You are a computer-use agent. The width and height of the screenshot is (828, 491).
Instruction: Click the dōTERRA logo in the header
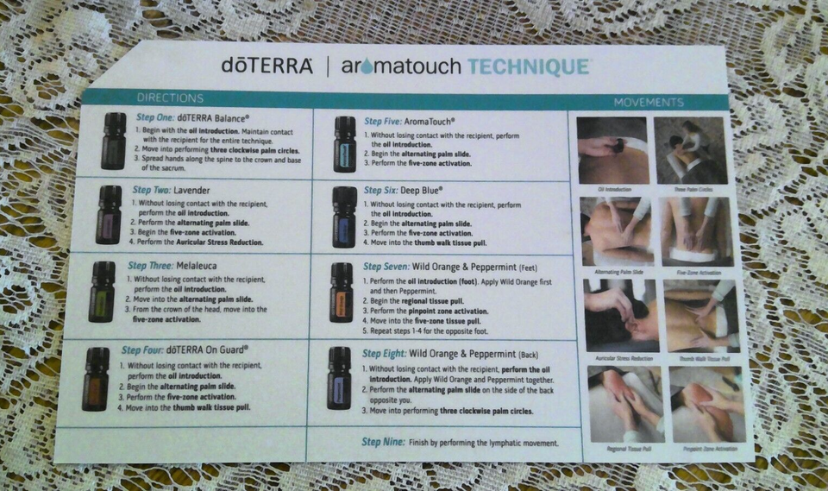click(x=267, y=66)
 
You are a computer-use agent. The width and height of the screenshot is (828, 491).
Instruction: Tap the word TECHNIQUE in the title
click(x=529, y=66)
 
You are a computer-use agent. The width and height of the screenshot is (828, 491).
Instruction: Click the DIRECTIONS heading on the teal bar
click(x=170, y=98)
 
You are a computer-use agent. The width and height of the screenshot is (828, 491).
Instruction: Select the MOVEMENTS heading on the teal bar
click(x=649, y=103)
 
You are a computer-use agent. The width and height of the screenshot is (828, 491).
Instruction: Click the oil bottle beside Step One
click(x=113, y=141)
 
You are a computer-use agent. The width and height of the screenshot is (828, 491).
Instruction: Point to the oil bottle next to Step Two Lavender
click(x=109, y=215)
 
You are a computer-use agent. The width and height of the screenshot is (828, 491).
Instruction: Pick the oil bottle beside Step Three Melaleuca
click(x=102, y=292)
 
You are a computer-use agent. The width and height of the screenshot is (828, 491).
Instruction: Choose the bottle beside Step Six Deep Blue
click(x=344, y=217)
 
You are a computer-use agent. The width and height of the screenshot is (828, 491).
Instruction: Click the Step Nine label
click(x=383, y=443)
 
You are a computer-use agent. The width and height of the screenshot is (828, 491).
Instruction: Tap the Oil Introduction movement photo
click(x=612, y=149)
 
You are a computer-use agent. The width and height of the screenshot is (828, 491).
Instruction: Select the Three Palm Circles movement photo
click(x=690, y=149)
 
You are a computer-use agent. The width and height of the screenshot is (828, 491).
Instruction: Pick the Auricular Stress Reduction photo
click(x=620, y=314)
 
